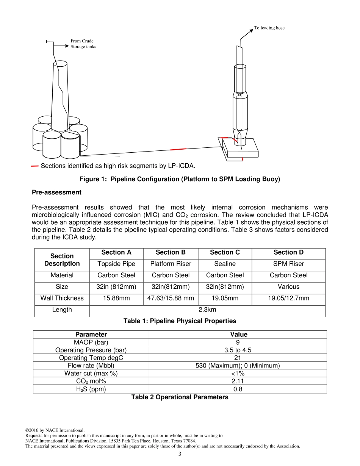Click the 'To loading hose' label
269,28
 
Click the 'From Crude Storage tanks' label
83,44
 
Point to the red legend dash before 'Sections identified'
35,166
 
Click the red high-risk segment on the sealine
178,149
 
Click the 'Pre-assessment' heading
56,192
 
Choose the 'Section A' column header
116,252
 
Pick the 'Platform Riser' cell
171,264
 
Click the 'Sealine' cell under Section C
225,264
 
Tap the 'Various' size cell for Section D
288,287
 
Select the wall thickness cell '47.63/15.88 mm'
171,298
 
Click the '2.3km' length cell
207,310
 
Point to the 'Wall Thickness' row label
62,298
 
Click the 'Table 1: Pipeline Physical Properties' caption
180,321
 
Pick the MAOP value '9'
238,342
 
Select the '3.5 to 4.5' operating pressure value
238,350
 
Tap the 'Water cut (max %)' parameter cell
91,373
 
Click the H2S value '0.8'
238,389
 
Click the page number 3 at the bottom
180,454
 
